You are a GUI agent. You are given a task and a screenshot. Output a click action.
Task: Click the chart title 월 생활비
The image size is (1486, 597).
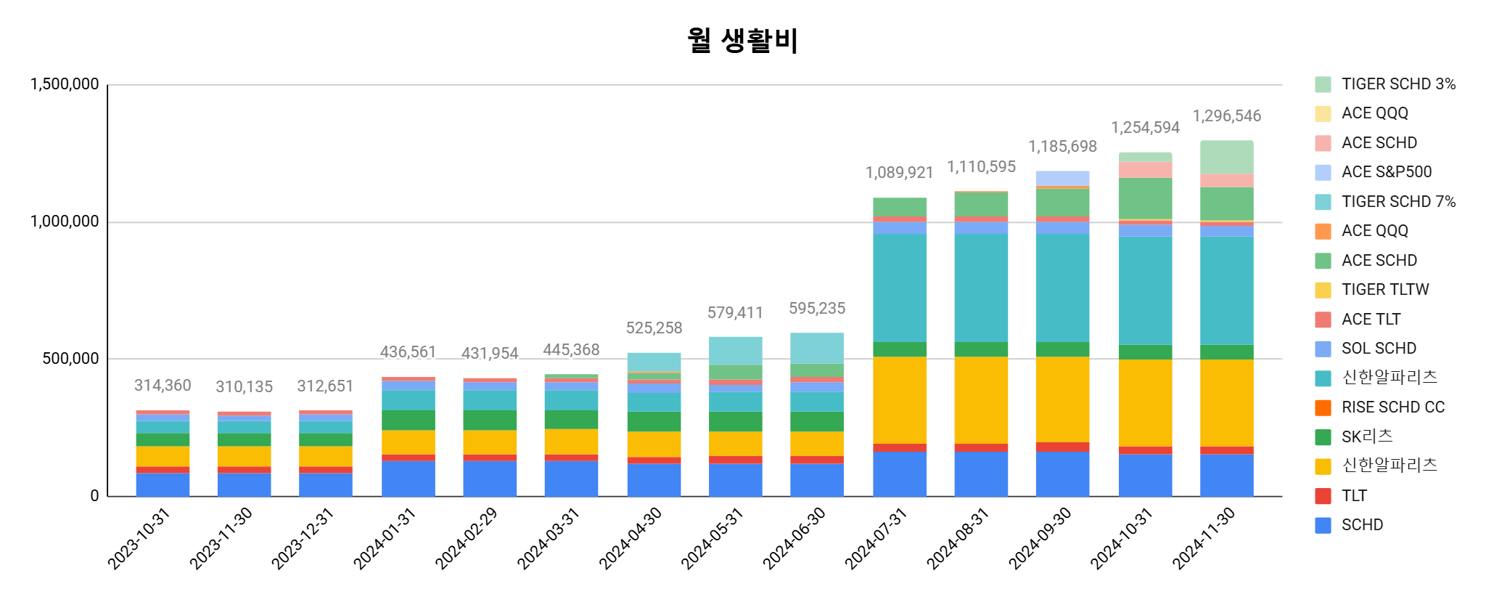[742, 40]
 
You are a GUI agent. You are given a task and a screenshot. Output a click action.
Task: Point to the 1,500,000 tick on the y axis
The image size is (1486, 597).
[65, 84]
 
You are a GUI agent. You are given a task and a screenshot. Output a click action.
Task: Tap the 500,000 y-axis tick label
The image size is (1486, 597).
[70, 359]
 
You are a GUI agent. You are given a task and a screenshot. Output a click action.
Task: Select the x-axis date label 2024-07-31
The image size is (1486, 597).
[876, 538]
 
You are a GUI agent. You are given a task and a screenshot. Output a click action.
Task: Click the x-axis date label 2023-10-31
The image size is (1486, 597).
[139, 538]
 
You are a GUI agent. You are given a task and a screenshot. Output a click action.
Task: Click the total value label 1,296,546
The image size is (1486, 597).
[1226, 116]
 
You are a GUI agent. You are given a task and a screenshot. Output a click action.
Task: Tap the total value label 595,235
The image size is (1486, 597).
[817, 309]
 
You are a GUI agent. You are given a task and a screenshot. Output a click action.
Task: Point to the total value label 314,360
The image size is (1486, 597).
[163, 386]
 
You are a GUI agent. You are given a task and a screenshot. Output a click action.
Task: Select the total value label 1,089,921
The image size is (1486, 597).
[899, 173]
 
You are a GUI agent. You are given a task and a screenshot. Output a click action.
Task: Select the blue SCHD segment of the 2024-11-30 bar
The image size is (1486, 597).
[1226, 475]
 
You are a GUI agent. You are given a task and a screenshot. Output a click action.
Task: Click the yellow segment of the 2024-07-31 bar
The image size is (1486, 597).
[899, 399]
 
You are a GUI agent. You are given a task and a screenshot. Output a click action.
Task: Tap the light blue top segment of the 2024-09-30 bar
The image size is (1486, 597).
[1062, 178]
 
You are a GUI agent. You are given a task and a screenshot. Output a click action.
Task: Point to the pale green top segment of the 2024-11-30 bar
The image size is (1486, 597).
[1226, 157]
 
